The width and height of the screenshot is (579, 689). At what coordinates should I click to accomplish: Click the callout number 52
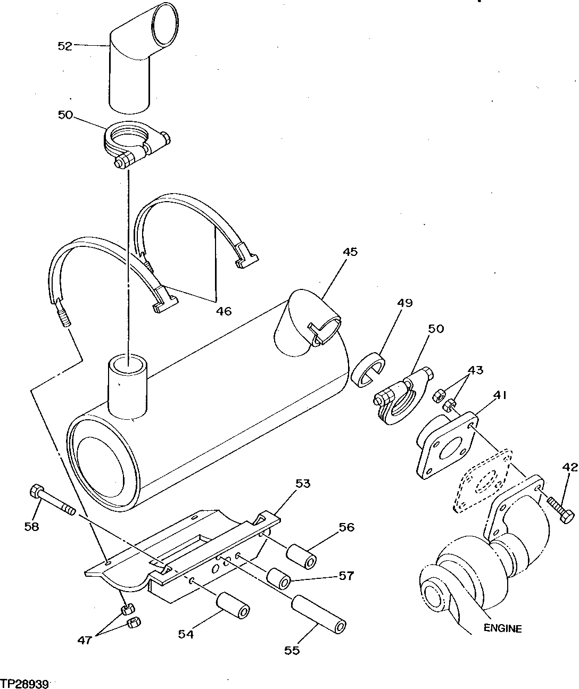pos(64,46)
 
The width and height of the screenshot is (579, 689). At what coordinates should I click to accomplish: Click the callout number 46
pos(224,311)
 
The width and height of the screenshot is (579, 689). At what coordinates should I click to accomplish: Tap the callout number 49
pos(404,303)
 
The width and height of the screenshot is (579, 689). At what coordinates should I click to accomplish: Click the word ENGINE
pos(502,628)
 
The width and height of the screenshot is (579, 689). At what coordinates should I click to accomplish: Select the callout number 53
pos(302,484)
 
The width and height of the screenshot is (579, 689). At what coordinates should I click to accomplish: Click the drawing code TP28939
pos(24,682)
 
